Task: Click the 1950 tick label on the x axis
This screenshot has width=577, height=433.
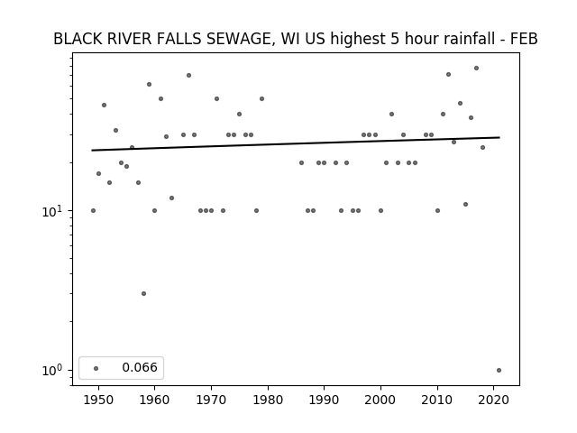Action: coord(98,401)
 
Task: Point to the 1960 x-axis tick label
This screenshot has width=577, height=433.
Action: coord(154,401)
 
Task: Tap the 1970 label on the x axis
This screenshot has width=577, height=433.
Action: coord(211,401)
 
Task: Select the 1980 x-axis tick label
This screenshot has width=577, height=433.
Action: coord(268,401)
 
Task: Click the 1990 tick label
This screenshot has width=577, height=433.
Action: coord(325,401)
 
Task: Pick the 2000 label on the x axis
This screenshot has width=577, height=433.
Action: coord(380,401)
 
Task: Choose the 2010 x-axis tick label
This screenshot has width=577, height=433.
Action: coord(437,401)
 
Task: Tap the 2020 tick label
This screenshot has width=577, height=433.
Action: coord(494,401)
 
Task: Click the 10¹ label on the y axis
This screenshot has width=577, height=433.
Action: coord(52,212)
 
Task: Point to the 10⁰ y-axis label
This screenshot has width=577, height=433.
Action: coord(52,371)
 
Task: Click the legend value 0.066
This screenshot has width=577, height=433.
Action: coord(140,367)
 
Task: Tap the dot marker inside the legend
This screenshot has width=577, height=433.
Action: coord(96,368)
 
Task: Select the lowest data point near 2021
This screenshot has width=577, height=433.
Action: coord(499,371)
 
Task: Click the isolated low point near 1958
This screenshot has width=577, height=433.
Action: coord(143,293)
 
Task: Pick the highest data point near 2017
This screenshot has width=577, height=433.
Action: coord(477,69)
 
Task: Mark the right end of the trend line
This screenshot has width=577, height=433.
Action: coord(499,137)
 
